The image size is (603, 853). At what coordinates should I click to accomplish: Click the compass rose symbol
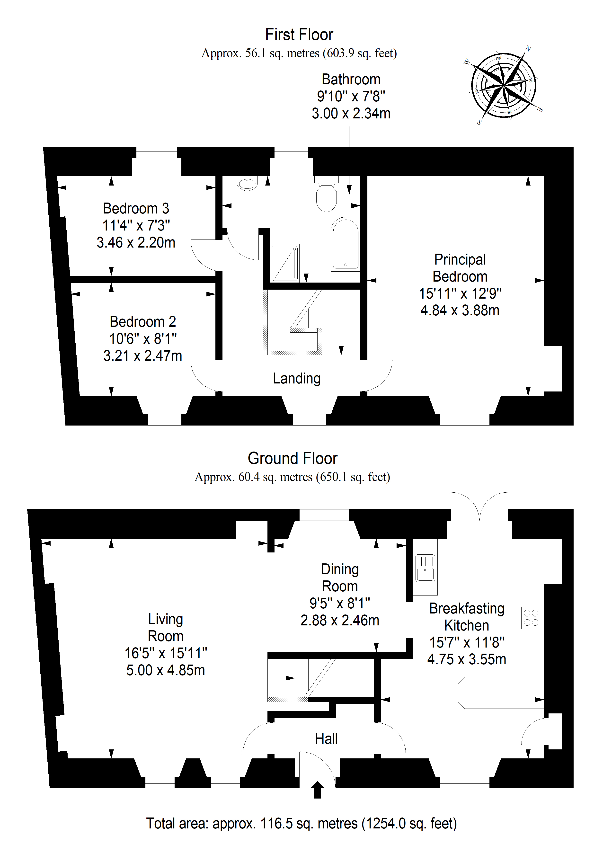click(x=503, y=86)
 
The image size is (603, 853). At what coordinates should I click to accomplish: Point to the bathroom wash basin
click(x=247, y=183)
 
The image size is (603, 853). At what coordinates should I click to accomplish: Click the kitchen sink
click(x=425, y=568)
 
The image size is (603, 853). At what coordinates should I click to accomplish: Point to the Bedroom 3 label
click(x=136, y=208)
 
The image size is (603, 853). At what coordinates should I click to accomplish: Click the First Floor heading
click(x=299, y=35)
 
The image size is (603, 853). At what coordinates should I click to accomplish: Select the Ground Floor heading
click(x=293, y=458)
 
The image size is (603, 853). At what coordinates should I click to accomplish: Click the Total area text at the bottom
click(x=301, y=824)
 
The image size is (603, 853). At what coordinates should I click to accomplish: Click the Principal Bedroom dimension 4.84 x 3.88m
click(x=460, y=310)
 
